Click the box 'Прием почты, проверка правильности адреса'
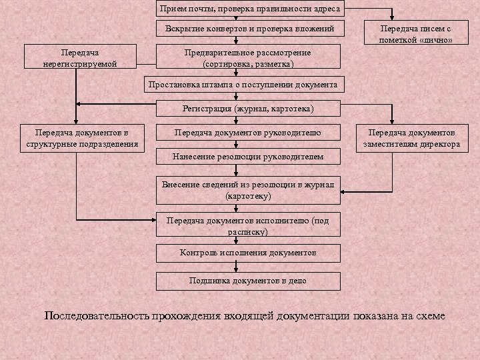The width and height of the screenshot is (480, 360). coord(249,9)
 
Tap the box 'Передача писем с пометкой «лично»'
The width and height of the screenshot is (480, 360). coord(415,34)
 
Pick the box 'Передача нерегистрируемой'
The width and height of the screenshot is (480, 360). coord(79,57)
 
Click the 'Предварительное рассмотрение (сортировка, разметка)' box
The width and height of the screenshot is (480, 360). coord(247,58)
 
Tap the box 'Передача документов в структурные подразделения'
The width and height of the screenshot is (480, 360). coord(79,138)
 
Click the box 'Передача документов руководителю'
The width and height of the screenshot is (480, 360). coord(247,133)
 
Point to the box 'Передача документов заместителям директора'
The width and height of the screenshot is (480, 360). coord(411,138)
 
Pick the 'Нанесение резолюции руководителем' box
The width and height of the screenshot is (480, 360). coord(247,157)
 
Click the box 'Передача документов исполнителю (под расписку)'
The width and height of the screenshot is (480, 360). coord(247,226)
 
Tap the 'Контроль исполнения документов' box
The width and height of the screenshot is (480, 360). coord(249,253)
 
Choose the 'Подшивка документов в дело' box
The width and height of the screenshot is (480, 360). coord(249,281)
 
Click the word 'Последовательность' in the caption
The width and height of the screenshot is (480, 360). coord(95,315)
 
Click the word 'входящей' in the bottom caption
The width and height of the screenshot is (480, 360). coord(247,315)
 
